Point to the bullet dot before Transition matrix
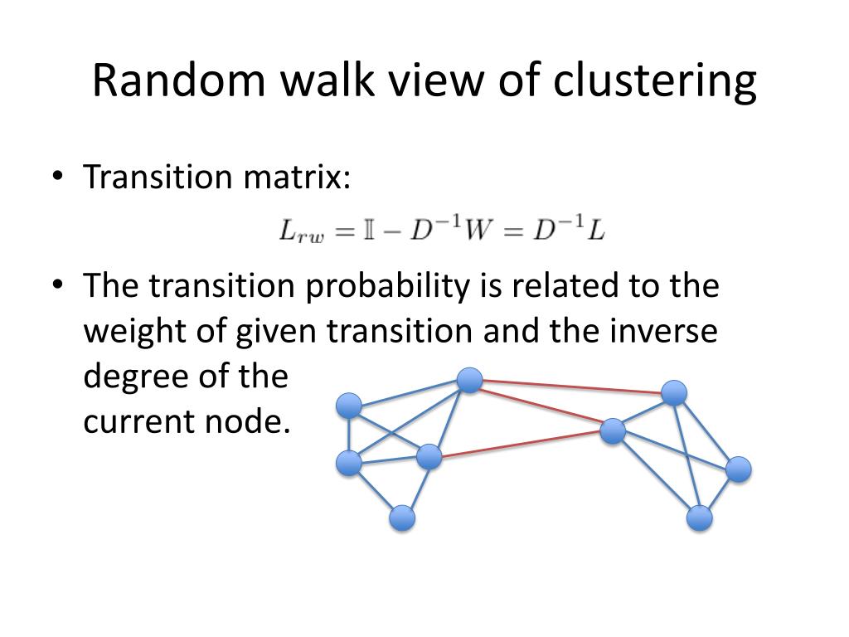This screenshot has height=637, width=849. (x=56, y=177)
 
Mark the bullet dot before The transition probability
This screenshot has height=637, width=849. (x=56, y=286)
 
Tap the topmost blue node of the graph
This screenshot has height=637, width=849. (x=469, y=381)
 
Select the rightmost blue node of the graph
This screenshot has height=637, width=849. (x=738, y=469)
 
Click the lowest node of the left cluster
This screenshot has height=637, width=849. (x=402, y=518)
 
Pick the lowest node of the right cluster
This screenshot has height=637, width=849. (x=700, y=518)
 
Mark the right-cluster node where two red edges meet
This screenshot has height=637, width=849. (x=612, y=430)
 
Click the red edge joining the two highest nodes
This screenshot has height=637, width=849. (x=572, y=387)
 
